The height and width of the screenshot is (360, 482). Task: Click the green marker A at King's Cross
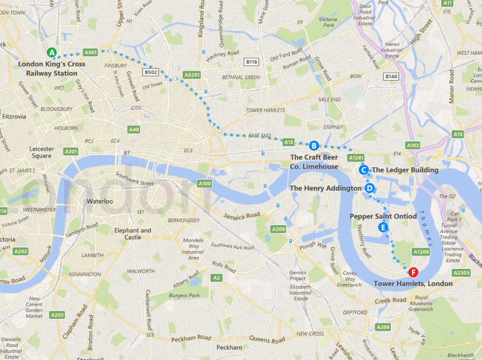[x=52, y=53]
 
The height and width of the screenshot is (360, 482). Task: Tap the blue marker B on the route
[x=314, y=145]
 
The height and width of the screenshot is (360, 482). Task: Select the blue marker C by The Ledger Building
[x=363, y=170]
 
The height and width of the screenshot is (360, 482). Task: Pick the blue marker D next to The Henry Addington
[x=370, y=188]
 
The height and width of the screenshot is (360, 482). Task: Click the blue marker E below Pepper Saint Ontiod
[x=382, y=227]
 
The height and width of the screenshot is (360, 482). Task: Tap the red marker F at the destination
[x=413, y=271]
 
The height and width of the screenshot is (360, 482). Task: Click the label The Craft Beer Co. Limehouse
[x=314, y=162]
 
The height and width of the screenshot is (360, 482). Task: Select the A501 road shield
[x=91, y=52]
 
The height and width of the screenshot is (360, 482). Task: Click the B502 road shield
[x=151, y=72]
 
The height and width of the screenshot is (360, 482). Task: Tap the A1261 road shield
[x=356, y=158]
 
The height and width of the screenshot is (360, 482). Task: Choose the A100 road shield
[x=204, y=183]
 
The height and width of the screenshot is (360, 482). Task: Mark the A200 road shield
[x=278, y=229]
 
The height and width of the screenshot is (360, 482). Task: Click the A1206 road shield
[x=421, y=252]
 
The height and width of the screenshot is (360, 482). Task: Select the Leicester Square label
[x=42, y=153]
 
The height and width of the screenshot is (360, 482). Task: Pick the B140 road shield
[x=392, y=77]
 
